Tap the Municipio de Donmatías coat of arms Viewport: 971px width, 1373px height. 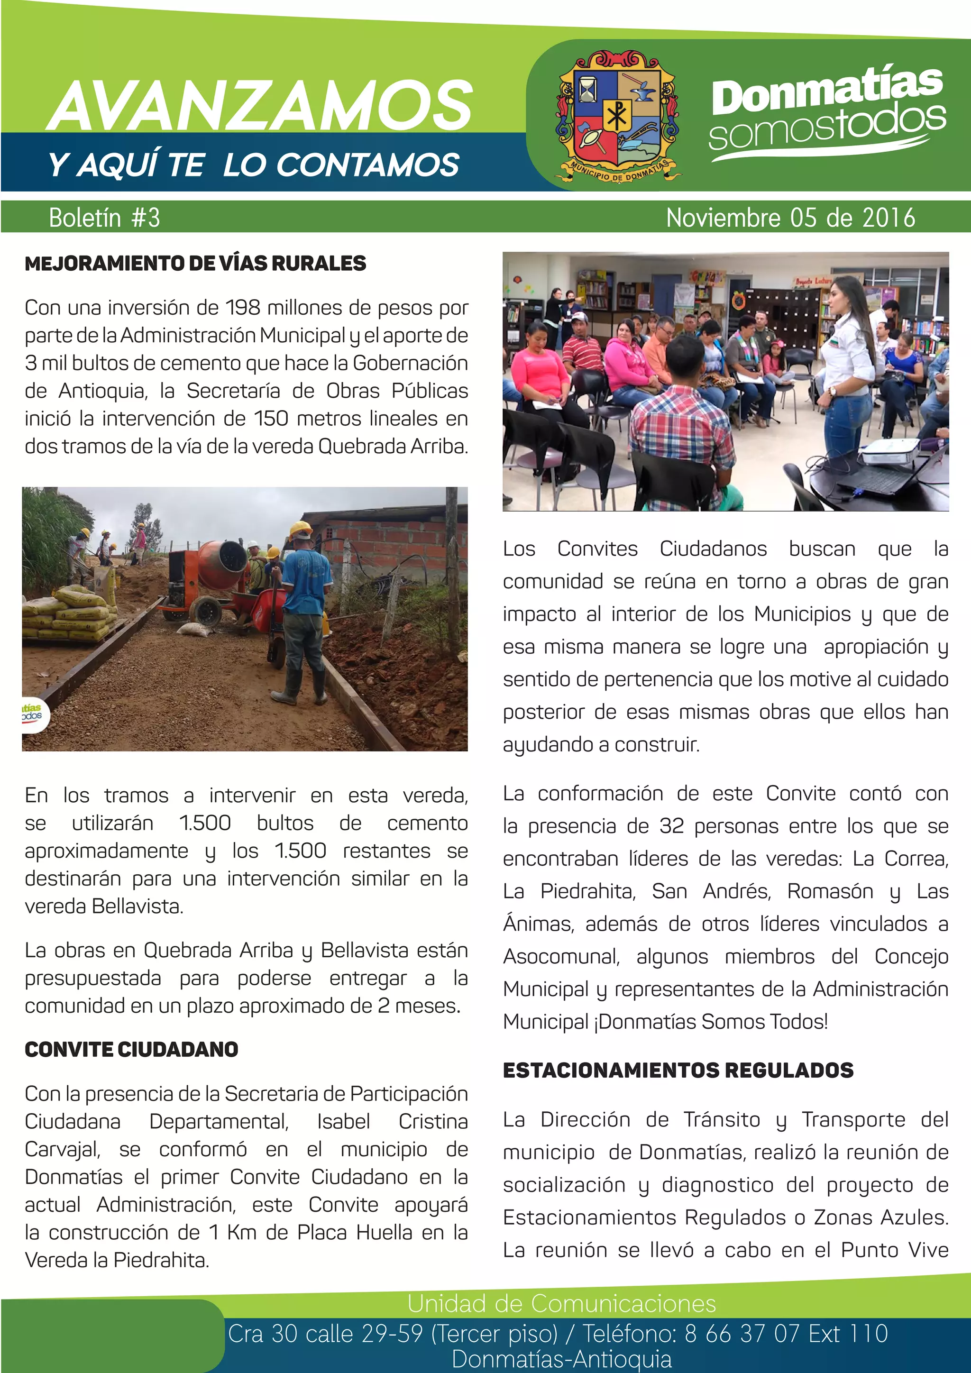617,117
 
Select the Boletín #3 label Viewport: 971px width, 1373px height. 105,218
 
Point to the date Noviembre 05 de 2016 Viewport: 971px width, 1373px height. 790,218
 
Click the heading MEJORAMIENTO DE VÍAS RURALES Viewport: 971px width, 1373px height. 195,263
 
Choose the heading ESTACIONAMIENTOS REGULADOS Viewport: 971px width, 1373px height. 678,1070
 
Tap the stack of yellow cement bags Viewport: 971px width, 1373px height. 69,613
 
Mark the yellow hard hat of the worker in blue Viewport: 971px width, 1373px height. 300,529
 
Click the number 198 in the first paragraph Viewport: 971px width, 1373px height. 242,307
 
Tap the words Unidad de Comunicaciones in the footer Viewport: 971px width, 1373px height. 561,1302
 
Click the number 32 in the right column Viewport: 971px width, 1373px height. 671,826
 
